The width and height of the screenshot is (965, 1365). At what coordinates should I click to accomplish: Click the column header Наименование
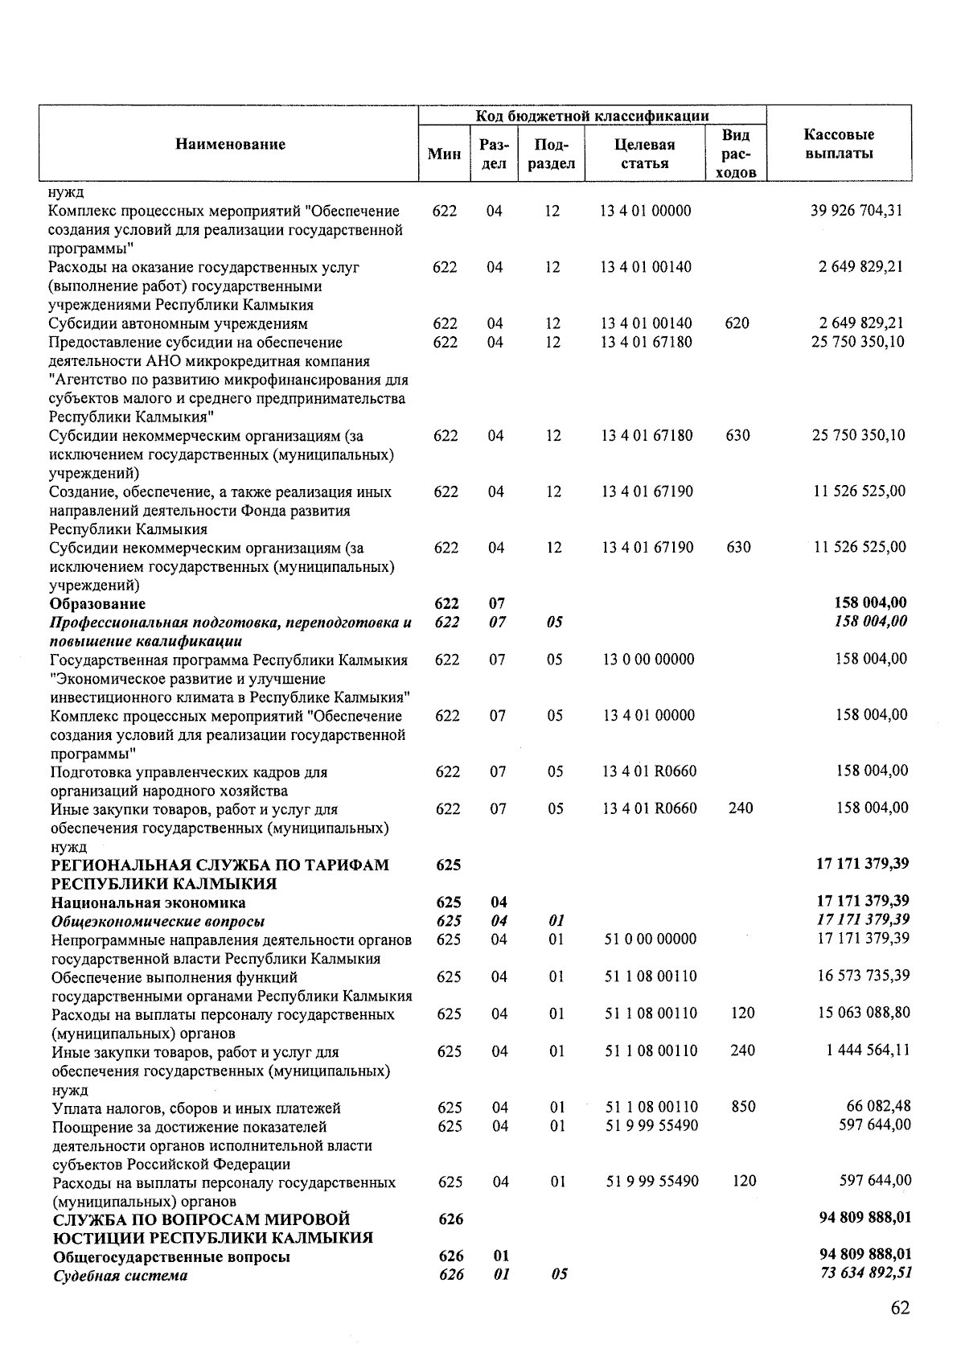point(230,145)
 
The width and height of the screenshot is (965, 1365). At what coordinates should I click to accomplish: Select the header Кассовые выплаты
point(839,144)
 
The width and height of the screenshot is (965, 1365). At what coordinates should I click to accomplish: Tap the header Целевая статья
point(644,154)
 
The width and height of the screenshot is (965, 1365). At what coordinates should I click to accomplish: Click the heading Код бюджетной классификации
point(592,116)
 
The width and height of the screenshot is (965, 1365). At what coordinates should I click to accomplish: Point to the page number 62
point(900,1308)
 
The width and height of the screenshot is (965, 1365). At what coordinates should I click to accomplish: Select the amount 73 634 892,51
point(864,1274)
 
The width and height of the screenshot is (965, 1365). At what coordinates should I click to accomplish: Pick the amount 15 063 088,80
point(864,1013)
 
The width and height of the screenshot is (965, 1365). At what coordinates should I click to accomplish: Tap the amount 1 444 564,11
point(868,1050)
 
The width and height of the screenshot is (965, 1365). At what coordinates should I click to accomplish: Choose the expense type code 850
point(743,1107)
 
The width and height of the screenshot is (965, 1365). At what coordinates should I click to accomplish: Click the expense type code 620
point(737,323)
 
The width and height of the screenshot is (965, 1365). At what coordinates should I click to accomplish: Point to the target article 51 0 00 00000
point(650,939)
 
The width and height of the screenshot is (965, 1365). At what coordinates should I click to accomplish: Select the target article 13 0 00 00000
point(647,660)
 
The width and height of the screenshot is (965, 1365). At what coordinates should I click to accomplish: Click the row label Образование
point(97,603)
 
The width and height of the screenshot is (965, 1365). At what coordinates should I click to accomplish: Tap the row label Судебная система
point(120,1276)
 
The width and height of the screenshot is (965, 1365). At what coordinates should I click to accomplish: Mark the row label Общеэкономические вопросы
point(158,922)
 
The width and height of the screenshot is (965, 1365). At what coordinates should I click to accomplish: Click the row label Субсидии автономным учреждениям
point(178,324)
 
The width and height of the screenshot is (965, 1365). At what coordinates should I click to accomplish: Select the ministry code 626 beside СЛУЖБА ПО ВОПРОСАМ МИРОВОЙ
point(450,1219)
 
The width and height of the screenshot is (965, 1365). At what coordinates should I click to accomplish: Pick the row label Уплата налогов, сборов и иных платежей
point(196,1108)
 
